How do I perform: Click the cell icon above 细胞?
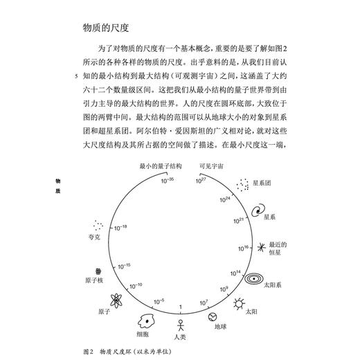click(147, 320)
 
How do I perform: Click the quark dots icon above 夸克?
click(99, 226)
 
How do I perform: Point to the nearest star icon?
click(260, 246)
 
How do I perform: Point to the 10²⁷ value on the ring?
click(201, 181)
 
